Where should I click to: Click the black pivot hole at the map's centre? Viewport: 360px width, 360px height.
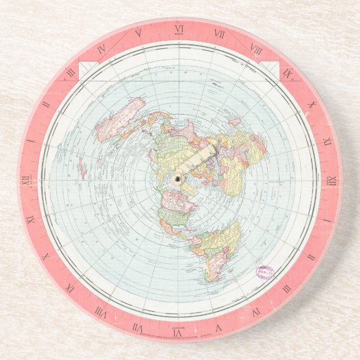(x=178, y=178)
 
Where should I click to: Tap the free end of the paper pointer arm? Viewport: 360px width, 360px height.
(x=214, y=147)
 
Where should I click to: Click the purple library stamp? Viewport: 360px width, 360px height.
(x=266, y=272)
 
